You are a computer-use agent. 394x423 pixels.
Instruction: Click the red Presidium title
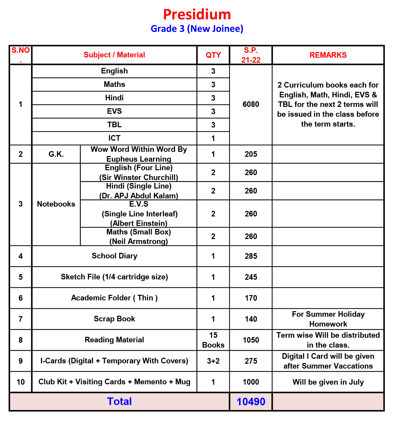click(197, 15)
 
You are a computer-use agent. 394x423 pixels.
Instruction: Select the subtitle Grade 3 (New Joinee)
click(197, 29)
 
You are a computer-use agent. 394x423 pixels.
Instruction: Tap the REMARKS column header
click(328, 55)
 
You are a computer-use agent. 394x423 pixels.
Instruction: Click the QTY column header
click(213, 55)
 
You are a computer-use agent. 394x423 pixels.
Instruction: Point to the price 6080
click(251, 104)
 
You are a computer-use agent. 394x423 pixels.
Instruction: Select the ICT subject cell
click(114, 138)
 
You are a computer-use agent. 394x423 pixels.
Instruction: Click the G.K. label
click(56, 154)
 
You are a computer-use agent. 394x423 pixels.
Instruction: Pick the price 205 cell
click(251, 154)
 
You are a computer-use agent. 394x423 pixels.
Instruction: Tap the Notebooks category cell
click(56, 204)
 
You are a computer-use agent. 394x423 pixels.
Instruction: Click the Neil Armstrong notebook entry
click(139, 237)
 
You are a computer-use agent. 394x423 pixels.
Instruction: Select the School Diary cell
click(114, 256)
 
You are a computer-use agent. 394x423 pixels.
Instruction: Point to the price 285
click(251, 256)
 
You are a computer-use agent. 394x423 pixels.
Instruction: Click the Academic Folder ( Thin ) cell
click(114, 298)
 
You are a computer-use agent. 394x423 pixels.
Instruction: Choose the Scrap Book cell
click(114, 319)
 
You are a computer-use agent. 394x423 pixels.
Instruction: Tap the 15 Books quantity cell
click(213, 340)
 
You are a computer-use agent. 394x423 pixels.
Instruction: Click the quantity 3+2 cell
click(213, 361)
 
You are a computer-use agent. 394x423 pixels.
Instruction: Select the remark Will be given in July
click(328, 382)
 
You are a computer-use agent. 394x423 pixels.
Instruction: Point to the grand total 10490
click(251, 402)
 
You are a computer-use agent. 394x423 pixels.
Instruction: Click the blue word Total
click(120, 402)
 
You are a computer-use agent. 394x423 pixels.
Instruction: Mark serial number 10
click(21, 382)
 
